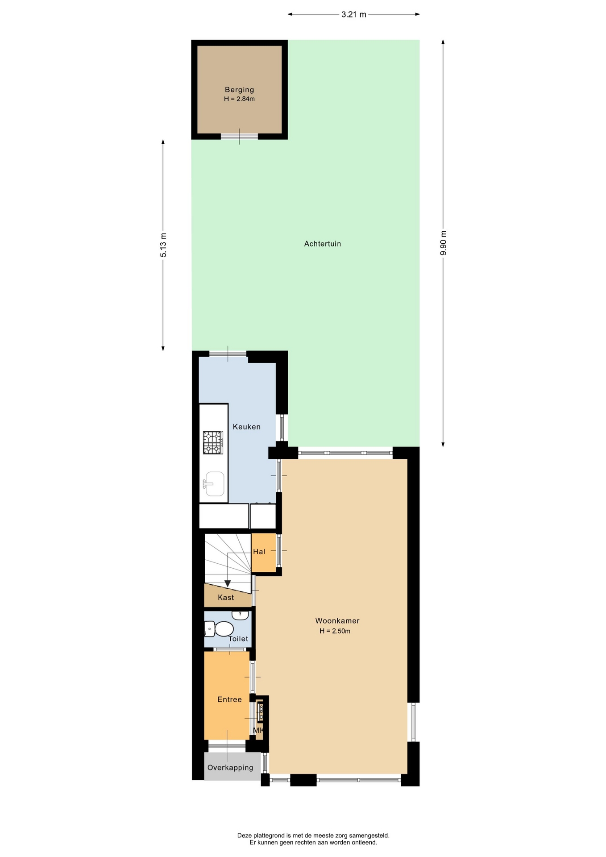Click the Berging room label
tap(239, 90)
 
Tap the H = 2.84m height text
tap(239, 99)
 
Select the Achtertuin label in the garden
tap(323, 244)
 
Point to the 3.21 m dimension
tap(354, 14)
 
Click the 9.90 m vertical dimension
tap(443, 243)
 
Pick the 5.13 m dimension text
tap(163, 245)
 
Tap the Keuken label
tap(247, 427)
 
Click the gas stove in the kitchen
tap(213, 442)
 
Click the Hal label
tap(259, 552)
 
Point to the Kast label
tap(226, 598)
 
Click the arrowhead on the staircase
tap(228, 583)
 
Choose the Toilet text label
tap(238, 639)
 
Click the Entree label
tap(230, 699)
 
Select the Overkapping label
tap(230, 768)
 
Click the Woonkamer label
tap(337, 620)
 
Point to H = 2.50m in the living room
tap(335, 631)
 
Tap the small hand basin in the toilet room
tap(240, 615)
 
